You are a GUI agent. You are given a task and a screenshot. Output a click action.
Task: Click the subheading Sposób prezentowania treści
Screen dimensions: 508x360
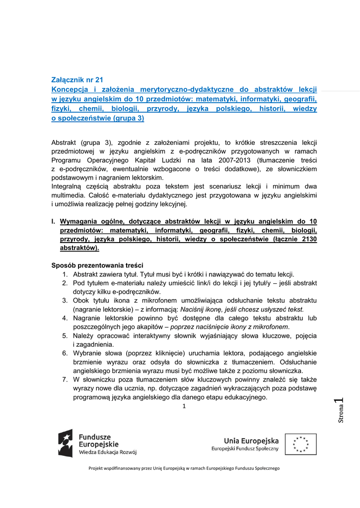(97, 265)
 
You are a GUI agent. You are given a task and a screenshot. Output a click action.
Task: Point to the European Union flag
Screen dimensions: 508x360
(301, 444)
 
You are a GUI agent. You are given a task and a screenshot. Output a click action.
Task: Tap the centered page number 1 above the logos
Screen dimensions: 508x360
(184, 407)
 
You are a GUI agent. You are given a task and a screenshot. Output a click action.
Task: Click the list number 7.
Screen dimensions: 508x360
(65, 380)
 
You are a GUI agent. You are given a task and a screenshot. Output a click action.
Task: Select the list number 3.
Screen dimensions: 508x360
(65, 301)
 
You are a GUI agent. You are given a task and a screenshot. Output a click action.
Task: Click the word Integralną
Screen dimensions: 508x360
(70, 187)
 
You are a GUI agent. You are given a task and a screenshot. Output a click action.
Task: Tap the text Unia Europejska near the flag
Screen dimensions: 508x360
(251, 440)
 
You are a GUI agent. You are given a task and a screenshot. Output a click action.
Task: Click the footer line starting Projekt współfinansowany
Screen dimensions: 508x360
(184, 468)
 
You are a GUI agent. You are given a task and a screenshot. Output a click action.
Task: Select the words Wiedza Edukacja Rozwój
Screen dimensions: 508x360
(108, 452)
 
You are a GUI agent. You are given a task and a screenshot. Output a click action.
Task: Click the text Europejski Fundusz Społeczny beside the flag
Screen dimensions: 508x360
(245, 448)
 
